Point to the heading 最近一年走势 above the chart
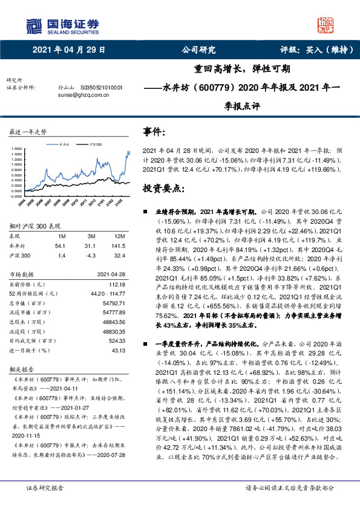(28, 132)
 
